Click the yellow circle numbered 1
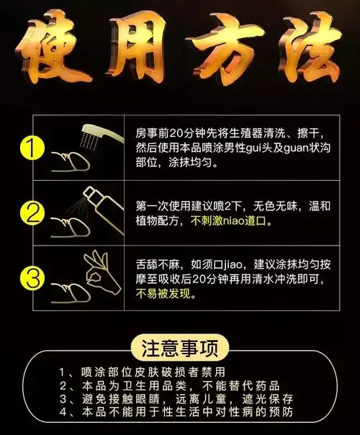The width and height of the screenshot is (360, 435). pos(29,149)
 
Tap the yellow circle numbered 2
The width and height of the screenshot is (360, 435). pos(29,214)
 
